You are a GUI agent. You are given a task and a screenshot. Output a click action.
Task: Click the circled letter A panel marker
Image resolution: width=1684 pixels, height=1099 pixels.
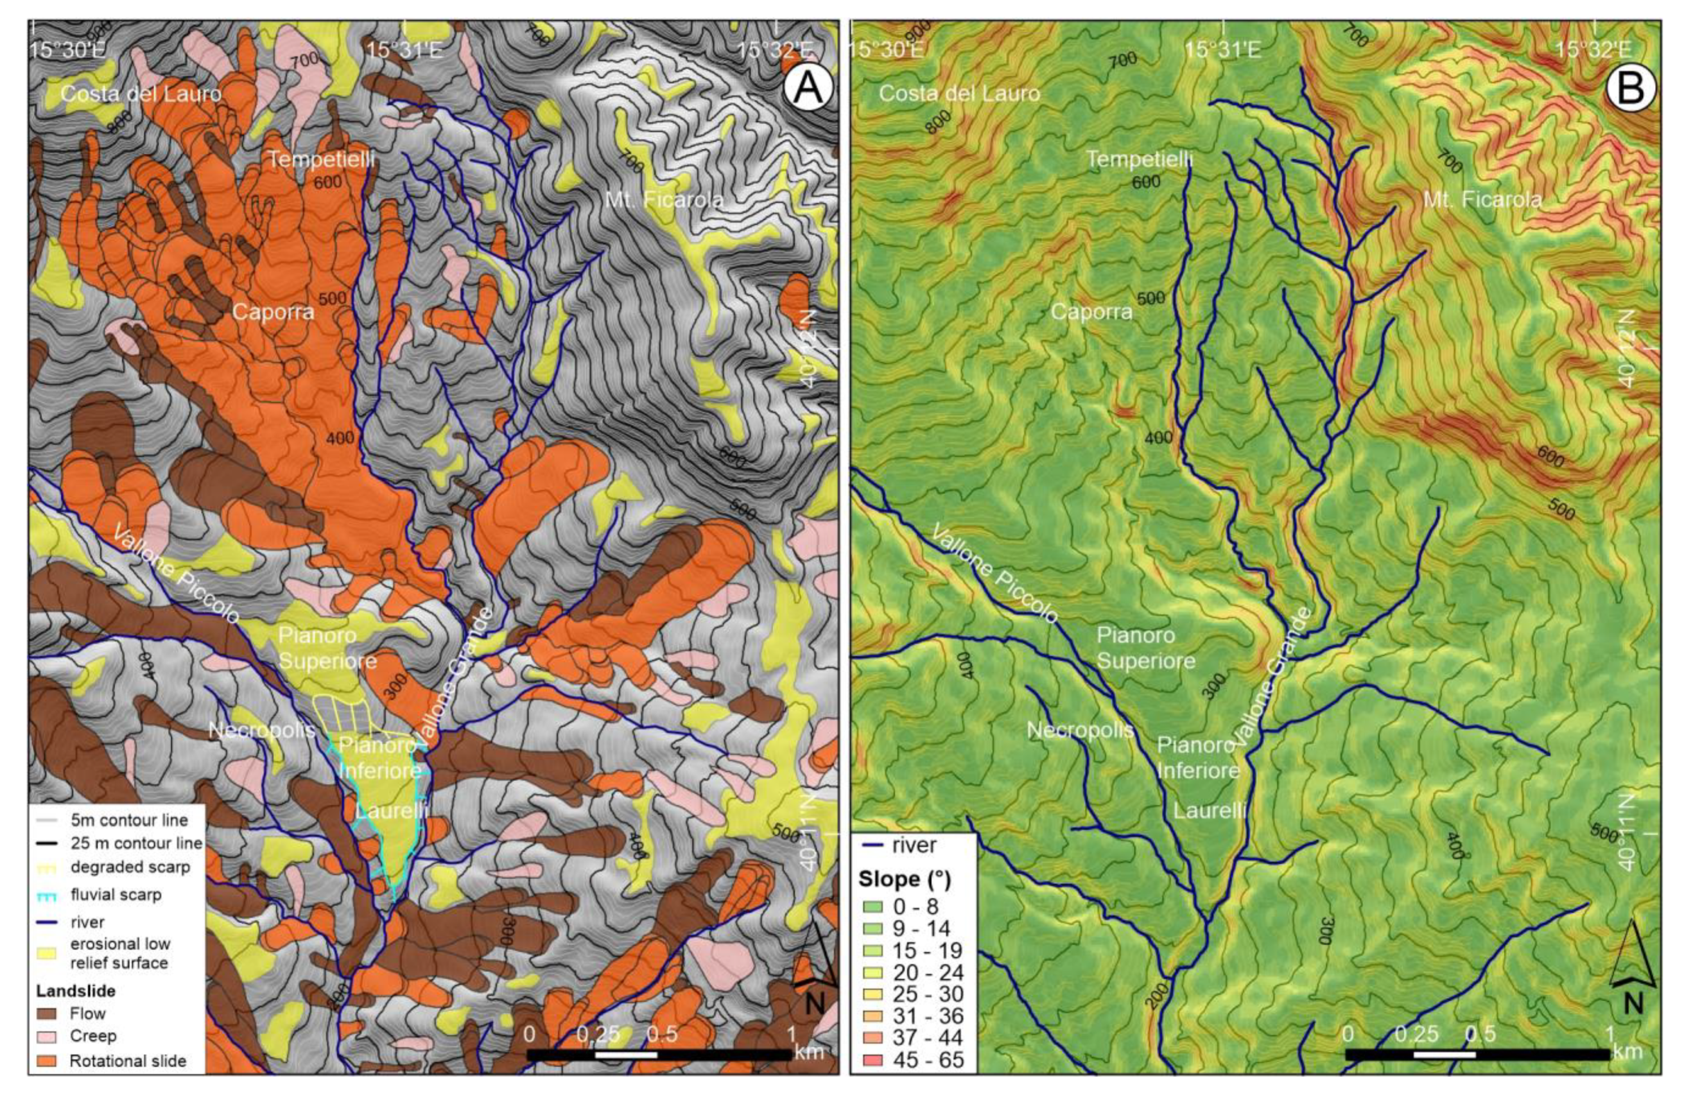tap(808, 90)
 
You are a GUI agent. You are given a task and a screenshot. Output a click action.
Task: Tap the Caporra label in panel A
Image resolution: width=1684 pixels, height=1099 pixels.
tap(272, 312)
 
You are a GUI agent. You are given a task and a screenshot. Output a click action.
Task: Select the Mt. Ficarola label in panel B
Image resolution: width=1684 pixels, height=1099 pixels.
tap(1482, 200)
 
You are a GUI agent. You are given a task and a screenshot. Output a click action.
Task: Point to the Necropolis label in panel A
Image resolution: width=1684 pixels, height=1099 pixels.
tap(262, 729)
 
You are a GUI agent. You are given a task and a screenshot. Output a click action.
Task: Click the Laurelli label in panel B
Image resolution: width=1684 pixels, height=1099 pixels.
tap(1209, 810)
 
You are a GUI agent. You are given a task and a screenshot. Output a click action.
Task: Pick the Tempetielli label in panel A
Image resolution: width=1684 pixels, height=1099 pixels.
tap(321, 160)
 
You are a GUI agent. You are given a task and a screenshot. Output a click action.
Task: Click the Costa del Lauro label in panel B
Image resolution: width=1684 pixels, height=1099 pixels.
tap(959, 93)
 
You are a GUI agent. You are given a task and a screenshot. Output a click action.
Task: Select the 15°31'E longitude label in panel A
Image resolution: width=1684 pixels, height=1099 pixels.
tap(405, 50)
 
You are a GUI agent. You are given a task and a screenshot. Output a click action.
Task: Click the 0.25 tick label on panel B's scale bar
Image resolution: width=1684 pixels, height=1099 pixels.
tap(1416, 1034)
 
